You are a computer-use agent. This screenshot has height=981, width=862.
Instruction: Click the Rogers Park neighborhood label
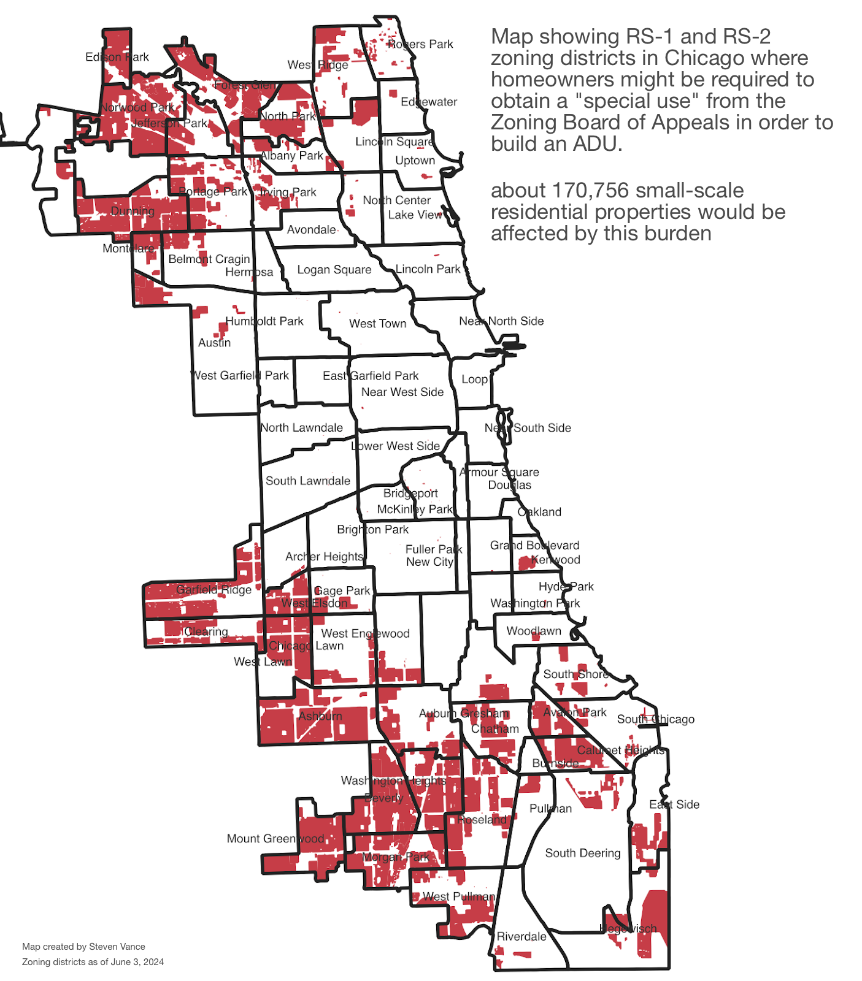pos(420,44)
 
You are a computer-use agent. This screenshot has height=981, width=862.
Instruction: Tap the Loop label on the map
pos(474,379)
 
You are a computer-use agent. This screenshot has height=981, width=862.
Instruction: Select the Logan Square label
pos(334,270)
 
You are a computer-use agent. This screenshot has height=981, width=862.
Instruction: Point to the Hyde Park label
pos(566,586)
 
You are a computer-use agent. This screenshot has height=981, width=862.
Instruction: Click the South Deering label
pos(582,853)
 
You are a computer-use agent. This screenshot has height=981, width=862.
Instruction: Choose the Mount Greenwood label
pos(275,838)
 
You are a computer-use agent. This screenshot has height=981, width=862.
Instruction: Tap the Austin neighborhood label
pos(214,343)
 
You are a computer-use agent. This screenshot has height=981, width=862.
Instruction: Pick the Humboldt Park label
pos(264,321)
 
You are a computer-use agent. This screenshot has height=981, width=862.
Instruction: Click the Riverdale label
pos(521,936)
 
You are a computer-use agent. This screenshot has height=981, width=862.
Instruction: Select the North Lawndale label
pos(301,427)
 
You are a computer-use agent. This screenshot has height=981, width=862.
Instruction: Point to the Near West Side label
pos(402,392)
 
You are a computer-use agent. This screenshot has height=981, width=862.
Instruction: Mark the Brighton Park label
pos(372,529)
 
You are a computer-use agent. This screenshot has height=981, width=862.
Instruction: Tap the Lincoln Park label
pos(428,269)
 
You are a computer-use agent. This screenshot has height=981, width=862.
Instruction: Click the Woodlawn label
pos(533,631)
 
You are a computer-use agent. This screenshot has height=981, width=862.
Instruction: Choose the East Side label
pos(674,804)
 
